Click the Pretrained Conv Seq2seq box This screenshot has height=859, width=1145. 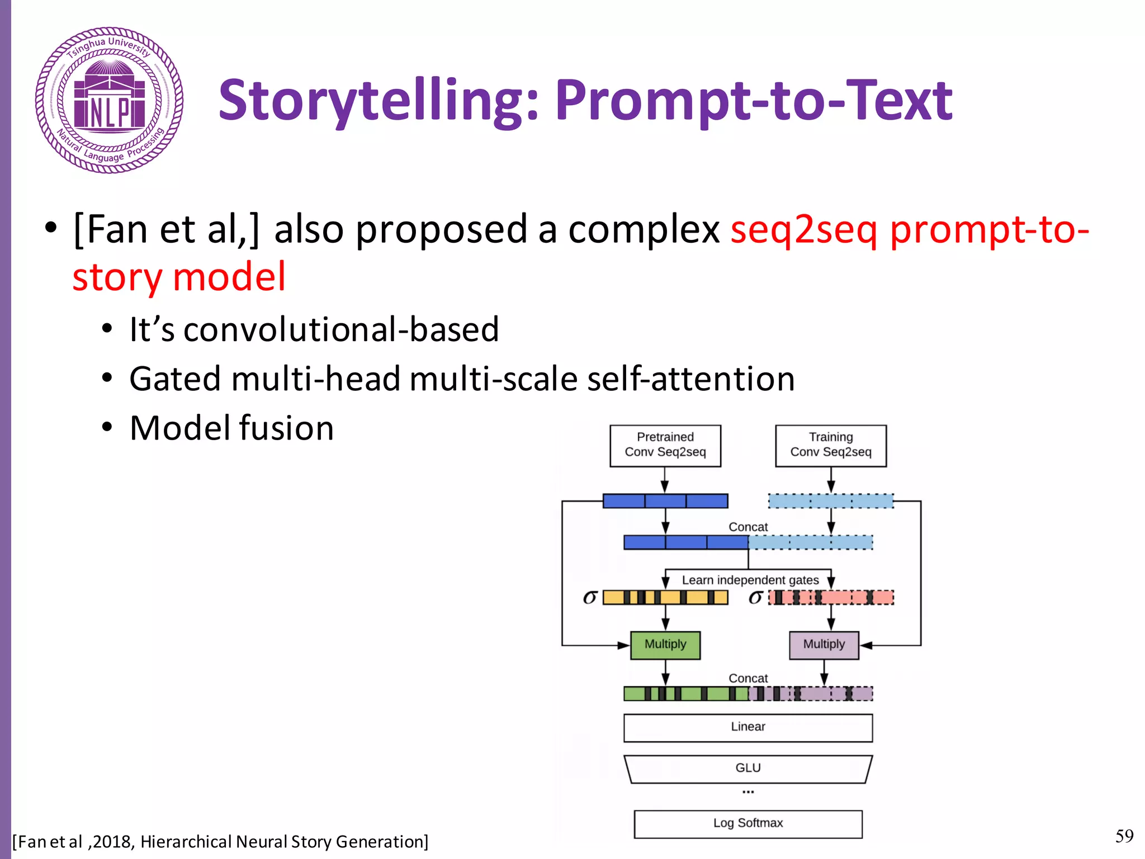coord(665,445)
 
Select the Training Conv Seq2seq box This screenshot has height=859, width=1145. coord(830,445)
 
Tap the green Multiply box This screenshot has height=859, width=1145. coord(665,644)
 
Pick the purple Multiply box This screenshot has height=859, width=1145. coord(824,644)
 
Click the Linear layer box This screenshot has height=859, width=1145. coord(747,727)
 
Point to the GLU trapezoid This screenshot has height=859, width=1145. coord(747,768)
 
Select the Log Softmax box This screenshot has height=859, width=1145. coord(747,823)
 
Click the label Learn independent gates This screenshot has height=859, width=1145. coord(750,580)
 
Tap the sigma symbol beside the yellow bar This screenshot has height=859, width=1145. coord(590,597)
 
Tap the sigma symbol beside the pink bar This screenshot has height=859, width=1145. coord(755,597)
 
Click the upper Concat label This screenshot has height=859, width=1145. coord(747,527)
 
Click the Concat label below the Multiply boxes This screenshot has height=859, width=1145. coord(747,678)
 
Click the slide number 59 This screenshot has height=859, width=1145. coord(1124,836)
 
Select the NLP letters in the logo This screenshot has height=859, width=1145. coord(110,112)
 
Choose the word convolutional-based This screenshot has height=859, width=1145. coord(341,329)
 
